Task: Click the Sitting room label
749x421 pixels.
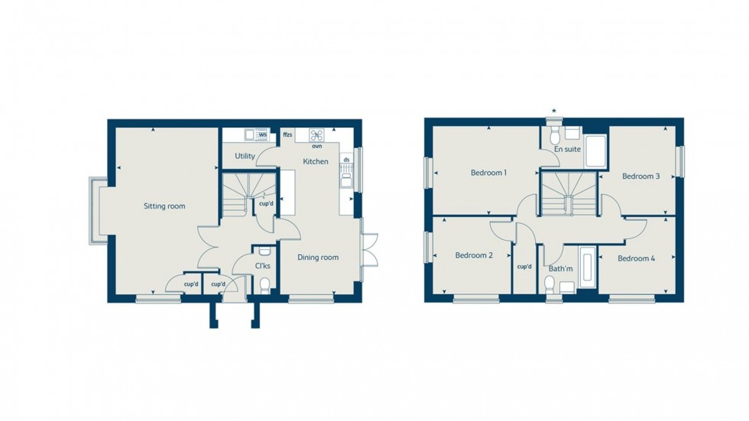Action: pos(165,206)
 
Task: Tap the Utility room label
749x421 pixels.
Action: pos(245,156)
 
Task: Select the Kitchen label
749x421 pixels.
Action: pos(316,162)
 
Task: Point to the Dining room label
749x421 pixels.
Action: pos(318,257)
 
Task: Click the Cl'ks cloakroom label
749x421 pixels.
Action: pos(262,266)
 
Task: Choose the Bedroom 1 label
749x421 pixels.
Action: pos(488,173)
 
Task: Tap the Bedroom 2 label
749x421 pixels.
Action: pos(474,255)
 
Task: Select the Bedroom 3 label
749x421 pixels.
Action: pos(640,176)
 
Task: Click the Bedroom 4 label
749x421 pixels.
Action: pos(636,258)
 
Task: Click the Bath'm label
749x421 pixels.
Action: pos(560,268)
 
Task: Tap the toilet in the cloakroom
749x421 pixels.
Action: pos(264,285)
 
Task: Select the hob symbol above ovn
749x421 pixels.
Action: pos(316,134)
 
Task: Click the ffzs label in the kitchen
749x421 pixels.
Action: pos(287,135)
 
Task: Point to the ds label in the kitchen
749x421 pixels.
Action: pos(346,160)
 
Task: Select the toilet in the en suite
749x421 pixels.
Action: pos(556,134)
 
